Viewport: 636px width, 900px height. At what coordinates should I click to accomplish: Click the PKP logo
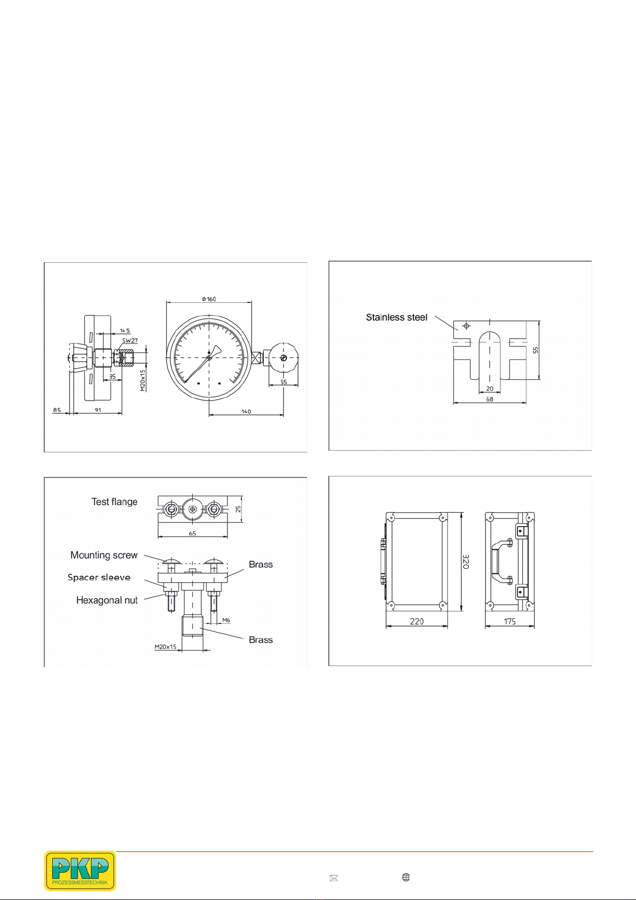click(80, 870)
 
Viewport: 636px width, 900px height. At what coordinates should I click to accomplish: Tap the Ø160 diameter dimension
click(208, 299)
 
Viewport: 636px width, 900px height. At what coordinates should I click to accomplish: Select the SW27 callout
click(130, 340)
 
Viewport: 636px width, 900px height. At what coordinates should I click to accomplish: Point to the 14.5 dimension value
click(124, 330)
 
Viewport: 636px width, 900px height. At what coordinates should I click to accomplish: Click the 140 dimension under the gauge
click(246, 411)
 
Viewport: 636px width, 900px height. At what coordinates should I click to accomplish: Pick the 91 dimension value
click(98, 410)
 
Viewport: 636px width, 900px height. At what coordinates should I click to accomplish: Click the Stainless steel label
click(397, 317)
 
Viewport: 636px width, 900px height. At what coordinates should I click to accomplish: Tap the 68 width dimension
click(489, 399)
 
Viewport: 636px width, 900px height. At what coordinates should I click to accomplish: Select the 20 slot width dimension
click(489, 388)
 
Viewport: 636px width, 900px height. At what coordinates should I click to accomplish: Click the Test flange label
click(114, 502)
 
